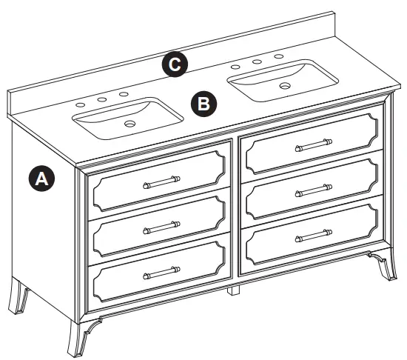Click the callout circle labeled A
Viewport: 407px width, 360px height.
(41, 179)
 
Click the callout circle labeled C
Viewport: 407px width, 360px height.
(174, 64)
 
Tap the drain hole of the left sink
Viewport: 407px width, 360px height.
(131, 124)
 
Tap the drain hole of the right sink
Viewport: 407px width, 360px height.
(284, 86)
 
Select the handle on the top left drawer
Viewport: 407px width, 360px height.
(161, 180)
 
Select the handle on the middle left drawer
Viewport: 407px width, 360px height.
(161, 225)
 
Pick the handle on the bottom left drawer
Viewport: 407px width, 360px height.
(161, 273)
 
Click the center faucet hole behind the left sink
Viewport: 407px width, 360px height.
(102, 98)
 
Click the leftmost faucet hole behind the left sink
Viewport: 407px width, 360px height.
(80, 104)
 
